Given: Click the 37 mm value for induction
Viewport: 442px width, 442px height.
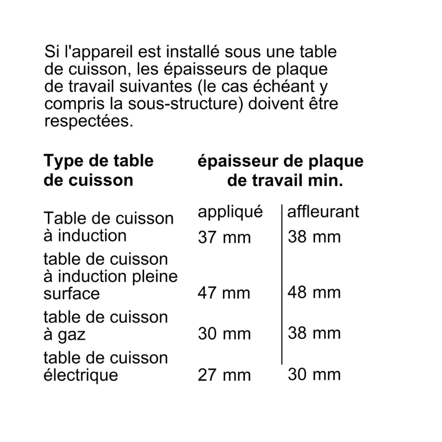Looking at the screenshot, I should [224, 238].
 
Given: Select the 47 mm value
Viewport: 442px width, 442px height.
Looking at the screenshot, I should [224, 293].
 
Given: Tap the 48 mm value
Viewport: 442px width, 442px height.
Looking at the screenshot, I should [314, 292].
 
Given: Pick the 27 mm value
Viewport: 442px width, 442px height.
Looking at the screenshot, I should [224, 375].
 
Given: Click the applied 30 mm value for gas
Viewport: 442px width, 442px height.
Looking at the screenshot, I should [224, 334].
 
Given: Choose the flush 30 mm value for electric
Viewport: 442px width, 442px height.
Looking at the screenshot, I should [314, 375].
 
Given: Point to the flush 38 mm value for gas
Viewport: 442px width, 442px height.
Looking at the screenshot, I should [314, 333].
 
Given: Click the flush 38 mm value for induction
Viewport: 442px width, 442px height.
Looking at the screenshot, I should [314, 237].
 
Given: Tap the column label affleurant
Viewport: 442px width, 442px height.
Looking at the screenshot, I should [323, 212].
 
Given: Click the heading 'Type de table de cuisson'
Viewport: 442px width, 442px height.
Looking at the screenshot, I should [98, 170].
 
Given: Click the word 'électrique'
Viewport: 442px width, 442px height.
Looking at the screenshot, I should [81, 375].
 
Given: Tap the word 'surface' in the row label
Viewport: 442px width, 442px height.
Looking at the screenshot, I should [72, 293].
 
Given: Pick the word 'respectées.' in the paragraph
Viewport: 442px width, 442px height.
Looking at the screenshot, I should [88, 121].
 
